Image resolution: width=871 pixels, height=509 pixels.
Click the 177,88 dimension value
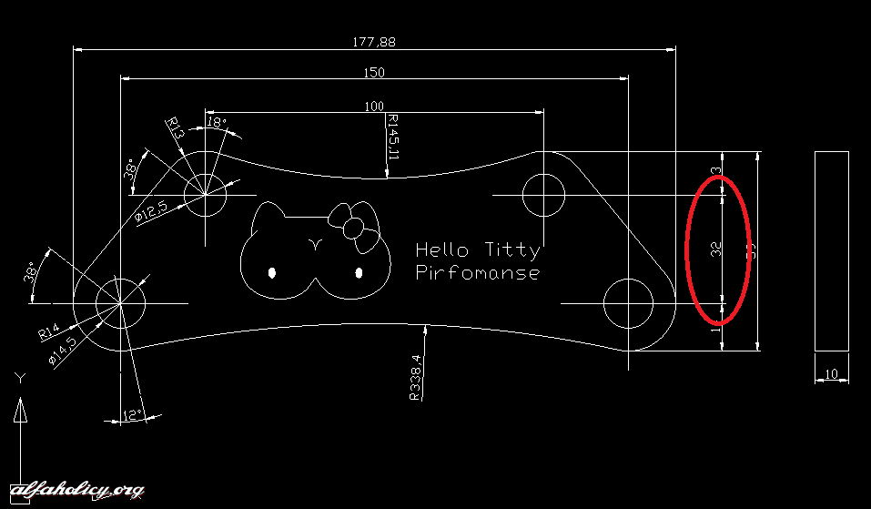click(374, 42)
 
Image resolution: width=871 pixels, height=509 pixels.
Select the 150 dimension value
click(374, 73)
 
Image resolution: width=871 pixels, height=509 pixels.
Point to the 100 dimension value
click(374, 107)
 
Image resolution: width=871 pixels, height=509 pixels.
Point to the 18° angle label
click(217, 122)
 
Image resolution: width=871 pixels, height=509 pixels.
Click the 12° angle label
click(134, 416)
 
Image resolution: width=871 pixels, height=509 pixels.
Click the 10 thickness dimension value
click(831, 374)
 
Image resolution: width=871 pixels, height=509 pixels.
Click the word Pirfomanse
click(477, 272)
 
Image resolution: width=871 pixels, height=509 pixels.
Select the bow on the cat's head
click(352, 225)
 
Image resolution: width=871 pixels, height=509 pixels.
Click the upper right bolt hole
click(544, 195)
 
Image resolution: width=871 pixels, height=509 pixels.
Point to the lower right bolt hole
click(629, 303)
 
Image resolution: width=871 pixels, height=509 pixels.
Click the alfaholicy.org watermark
click(73, 491)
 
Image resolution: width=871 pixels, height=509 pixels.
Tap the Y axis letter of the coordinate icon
click(19, 377)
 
